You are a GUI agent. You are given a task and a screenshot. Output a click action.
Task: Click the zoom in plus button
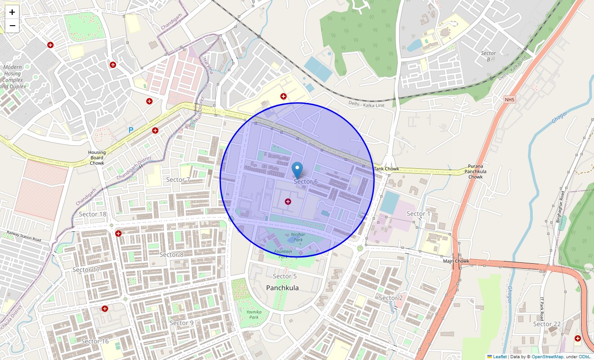pyautogui.click(x=12, y=12)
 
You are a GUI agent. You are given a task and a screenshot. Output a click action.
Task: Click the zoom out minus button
pyautogui.click(x=12, y=26)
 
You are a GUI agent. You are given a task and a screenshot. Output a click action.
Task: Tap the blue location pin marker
pyautogui.click(x=297, y=170)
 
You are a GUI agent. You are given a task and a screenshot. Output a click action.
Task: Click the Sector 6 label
pyautogui.click(x=306, y=181)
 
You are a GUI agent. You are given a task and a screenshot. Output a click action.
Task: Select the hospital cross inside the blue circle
pyautogui.click(x=288, y=202)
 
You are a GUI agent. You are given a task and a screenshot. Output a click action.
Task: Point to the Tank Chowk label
pyautogui.click(x=386, y=169)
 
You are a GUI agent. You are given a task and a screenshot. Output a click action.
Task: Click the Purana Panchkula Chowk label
pyautogui.click(x=475, y=171)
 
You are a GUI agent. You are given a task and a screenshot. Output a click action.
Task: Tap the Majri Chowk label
pyautogui.click(x=456, y=261)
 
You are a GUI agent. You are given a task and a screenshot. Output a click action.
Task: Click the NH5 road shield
pyautogui.click(x=509, y=99)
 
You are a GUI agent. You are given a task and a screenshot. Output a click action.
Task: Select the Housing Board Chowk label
pyautogui.click(x=97, y=157)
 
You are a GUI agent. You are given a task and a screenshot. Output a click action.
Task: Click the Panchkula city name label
pyautogui.click(x=282, y=288)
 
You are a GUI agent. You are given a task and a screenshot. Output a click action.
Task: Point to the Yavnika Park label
pyautogui.click(x=252, y=314)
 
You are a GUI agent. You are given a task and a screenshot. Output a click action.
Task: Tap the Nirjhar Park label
pyautogui.click(x=298, y=237)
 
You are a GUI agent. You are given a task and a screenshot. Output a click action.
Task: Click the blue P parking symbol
pyautogui.click(x=131, y=130)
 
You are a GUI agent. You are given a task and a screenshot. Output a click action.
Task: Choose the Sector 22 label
pyautogui.click(x=547, y=324)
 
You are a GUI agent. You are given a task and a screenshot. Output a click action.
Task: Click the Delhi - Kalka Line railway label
pyautogui.click(x=366, y=104)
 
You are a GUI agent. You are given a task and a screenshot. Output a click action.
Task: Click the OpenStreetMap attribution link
pyautogui.click(x=548, y=357)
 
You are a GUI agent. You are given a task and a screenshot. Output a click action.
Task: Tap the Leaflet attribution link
pyautogui.click(x=499, y=357)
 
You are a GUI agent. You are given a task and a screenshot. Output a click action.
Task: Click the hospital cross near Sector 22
pyautogui.click(x=578, y=338)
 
